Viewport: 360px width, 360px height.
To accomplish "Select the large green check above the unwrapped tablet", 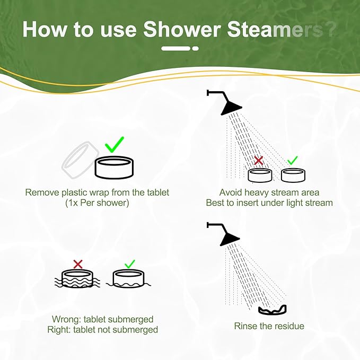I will pos(115,144).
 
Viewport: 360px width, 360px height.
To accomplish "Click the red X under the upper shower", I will pos(259,160).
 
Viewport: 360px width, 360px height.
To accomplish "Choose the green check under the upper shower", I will pos(292,160).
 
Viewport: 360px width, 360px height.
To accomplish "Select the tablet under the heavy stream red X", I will pos(260,174).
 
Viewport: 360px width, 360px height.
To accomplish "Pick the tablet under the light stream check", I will pos(293,174).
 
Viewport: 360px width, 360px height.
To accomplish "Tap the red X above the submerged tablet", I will pos(78,264).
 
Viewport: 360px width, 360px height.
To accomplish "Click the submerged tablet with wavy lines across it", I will pos(77,278).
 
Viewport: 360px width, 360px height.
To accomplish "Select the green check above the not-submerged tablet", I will pos(129,264).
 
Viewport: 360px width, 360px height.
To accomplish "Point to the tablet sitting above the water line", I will pos(128,277).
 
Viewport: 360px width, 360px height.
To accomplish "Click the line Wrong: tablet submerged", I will pos(102,319).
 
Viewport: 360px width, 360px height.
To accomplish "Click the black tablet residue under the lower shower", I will pos(273,310).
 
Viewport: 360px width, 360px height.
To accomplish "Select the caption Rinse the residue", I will pos(269,326).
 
